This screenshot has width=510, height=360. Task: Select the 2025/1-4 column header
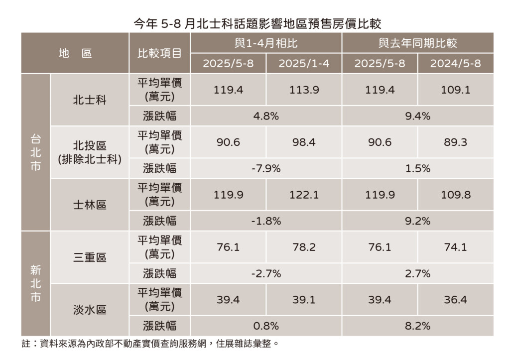(x=304, y=64)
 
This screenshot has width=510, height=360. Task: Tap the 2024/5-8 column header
(x=455, y=64)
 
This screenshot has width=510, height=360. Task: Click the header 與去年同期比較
(x=417, y=43)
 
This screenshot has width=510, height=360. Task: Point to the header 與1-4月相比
(x=266, y=43)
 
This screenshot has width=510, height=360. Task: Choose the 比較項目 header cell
(x=159, y=53)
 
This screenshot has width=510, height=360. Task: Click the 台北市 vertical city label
(x=35, y=152)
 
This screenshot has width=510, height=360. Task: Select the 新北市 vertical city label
(x=35, y=283)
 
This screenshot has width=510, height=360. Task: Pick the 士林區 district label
(x=90, y=205)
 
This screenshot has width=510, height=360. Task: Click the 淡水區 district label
(x=90, y=310)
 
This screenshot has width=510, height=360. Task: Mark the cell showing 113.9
(x=304, y=90)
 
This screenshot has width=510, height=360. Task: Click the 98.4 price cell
(x=304, y=142)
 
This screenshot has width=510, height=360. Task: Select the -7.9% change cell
(x=266, y=168)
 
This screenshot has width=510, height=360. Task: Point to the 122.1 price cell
(x=304, y=195)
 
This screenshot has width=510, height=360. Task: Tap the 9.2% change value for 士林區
(x=417, y=221)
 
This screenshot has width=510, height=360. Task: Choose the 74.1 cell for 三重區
(x=455, y=247)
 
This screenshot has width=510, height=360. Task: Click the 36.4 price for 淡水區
(x=455, y=299)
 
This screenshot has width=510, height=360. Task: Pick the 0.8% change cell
(x=266, y=326)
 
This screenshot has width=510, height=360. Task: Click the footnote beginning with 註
(x=149, y=344)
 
